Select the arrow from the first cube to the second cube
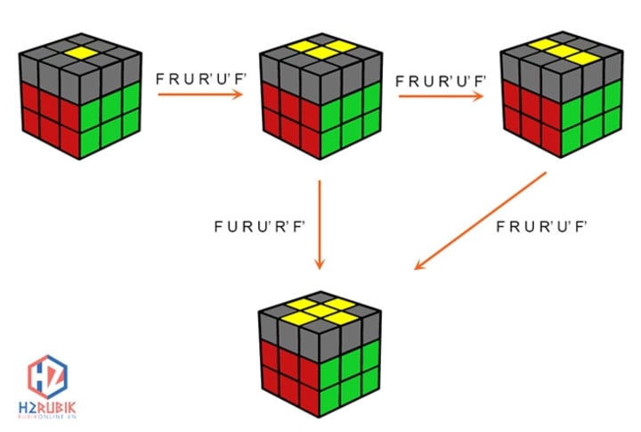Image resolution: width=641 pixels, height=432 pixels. [x=201, y=93]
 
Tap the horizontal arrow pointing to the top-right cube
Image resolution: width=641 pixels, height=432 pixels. [x=442, y=94]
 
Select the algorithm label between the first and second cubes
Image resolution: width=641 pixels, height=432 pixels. [x=200, y=77]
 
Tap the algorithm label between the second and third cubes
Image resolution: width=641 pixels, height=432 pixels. [x=442, y=78]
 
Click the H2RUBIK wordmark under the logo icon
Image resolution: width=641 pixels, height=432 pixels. [x=45, y=408]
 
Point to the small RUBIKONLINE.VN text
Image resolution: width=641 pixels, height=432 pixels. [x=45, y=420]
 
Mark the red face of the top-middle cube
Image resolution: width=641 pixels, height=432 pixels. [x=284, y=119]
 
